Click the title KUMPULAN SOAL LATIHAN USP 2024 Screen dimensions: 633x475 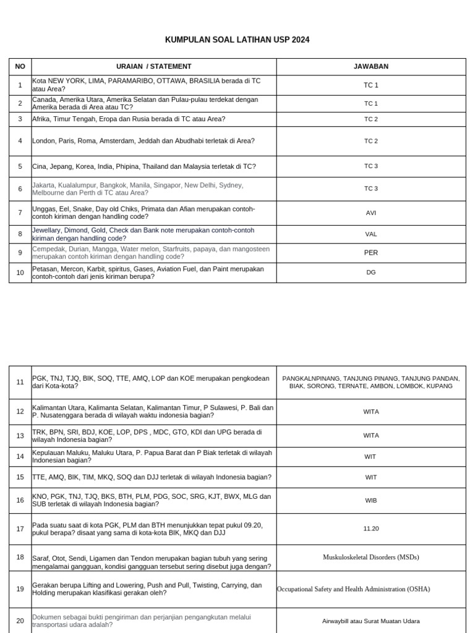point(237,40)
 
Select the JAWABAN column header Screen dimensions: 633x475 point(370,67)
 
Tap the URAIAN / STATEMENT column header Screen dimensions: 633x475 point(154,67)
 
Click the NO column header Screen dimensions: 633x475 point(20,67)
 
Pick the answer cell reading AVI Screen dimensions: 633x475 point(370,213)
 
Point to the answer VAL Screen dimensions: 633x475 point(370,234)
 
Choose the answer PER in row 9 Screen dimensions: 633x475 point(370,253)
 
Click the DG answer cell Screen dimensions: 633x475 point(370,273)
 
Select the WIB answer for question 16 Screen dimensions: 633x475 point(370,501)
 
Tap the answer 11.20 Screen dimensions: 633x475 point(370,529)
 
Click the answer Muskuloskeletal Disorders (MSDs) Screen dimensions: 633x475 point(370,558)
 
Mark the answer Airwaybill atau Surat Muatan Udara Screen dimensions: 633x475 point(370,621)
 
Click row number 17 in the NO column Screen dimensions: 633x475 point(20,529)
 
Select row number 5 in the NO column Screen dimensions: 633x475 point(20,166)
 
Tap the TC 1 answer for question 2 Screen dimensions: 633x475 point(370,103)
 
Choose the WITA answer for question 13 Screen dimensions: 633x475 point(370,436)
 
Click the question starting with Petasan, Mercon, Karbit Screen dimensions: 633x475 point(148,273)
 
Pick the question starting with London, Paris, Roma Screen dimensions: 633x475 point(143,141)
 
